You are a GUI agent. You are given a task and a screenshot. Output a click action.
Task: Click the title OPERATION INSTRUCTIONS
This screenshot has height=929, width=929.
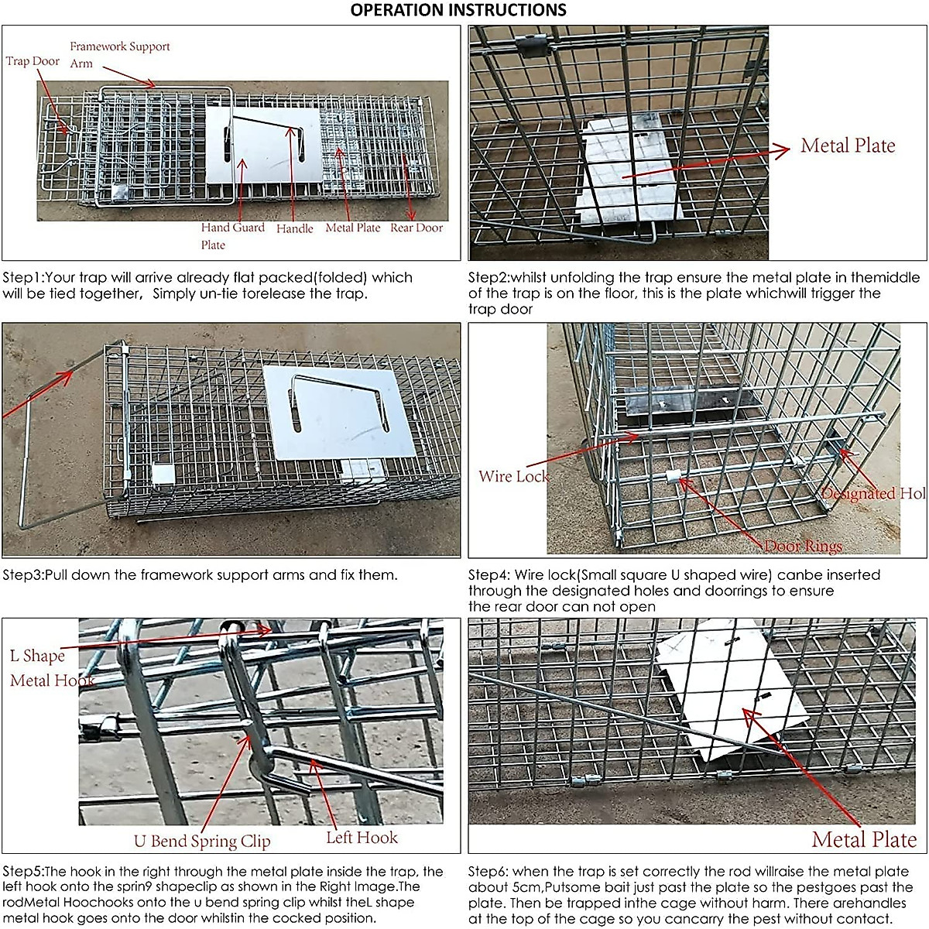tap(458, 10)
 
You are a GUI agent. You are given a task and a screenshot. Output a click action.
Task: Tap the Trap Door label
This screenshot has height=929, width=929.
tap(33, 61)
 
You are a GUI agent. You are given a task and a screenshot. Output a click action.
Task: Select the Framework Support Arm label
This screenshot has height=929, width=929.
tap(119, 54)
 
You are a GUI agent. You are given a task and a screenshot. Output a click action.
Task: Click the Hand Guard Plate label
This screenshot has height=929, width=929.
tap(232, 235)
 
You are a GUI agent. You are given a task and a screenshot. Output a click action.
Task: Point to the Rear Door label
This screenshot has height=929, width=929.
tap(417, 228)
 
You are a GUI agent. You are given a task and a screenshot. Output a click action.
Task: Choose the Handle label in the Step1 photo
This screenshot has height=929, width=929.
tap(295, 228)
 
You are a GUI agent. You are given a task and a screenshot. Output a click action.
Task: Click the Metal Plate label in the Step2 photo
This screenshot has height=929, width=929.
tap(848, 146)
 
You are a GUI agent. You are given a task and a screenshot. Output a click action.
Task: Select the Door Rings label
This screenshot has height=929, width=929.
tap(803, 546)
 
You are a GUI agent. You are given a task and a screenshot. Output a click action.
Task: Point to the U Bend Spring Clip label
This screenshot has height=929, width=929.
tap(202, 841)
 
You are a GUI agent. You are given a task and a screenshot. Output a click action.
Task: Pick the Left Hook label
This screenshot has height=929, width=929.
tap(362, 837)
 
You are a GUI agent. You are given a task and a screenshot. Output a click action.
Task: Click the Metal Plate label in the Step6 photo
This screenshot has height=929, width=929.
tap(864, 839)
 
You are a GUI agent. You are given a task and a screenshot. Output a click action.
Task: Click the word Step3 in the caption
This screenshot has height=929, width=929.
tap(22, 575)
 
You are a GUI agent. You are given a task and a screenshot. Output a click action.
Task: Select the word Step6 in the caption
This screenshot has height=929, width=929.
tap(488, 872)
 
